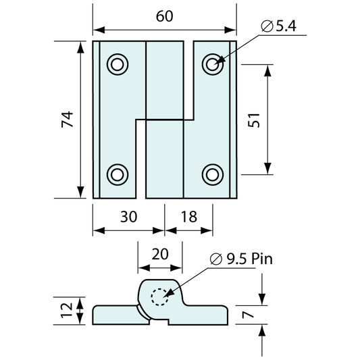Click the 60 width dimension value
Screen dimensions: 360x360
pyautogui.click(x=164, y=16)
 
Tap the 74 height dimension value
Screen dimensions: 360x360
pyautogui.click(x=68, y=120)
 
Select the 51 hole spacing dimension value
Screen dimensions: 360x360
pyautogui.click(x=254, y=120)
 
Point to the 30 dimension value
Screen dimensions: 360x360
pyautogui.click(x=128, y=217)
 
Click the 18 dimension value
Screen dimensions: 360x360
pyautogui.click(x=189, y=217)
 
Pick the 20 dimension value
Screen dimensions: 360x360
pyautogui.click(x=160, y=254)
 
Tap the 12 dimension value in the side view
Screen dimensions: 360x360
pyautogui.click(x=67, y=311)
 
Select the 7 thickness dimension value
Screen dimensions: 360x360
pyautogui.click(x=248, y=314)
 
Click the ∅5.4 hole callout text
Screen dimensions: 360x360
pyautogui.click(x=279, y=26)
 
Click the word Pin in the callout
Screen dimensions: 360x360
pyautogui.click(x=262, y=259)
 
